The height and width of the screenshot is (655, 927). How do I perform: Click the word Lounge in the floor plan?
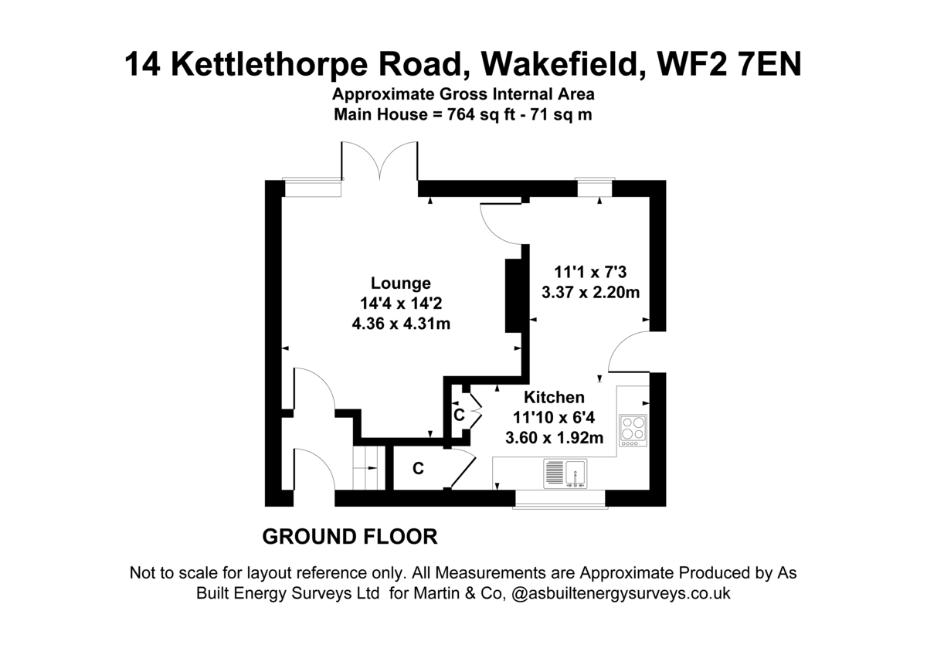pos(401,283)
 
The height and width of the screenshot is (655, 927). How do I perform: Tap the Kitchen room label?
pos(554,397)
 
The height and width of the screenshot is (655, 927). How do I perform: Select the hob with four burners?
pos(633,430)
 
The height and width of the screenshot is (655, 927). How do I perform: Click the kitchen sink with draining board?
pos(565,473)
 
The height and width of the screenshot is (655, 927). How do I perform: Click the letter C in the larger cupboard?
pos(418,468)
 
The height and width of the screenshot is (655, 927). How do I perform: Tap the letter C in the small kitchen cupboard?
pos(459,415)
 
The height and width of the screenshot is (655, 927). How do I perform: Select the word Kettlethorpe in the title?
pos(269,66)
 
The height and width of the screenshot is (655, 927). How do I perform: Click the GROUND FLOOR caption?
pos(350,537)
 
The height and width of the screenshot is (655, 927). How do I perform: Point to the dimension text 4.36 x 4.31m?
pos(401,324)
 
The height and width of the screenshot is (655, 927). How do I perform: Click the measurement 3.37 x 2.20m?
pos(590,293)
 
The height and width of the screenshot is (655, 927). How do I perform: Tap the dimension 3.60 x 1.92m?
pos(554,438)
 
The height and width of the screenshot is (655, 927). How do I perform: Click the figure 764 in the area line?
pos(460,114)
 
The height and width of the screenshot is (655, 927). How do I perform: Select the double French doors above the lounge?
pos(379,161)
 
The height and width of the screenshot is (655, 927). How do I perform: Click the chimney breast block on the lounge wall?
pos(513,296)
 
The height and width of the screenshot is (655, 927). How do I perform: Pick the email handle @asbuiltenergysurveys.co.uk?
pos(621,593)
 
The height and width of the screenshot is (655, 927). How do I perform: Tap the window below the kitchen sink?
pos(560,499)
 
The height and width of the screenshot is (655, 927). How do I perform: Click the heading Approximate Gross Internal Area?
pos(463,94)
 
